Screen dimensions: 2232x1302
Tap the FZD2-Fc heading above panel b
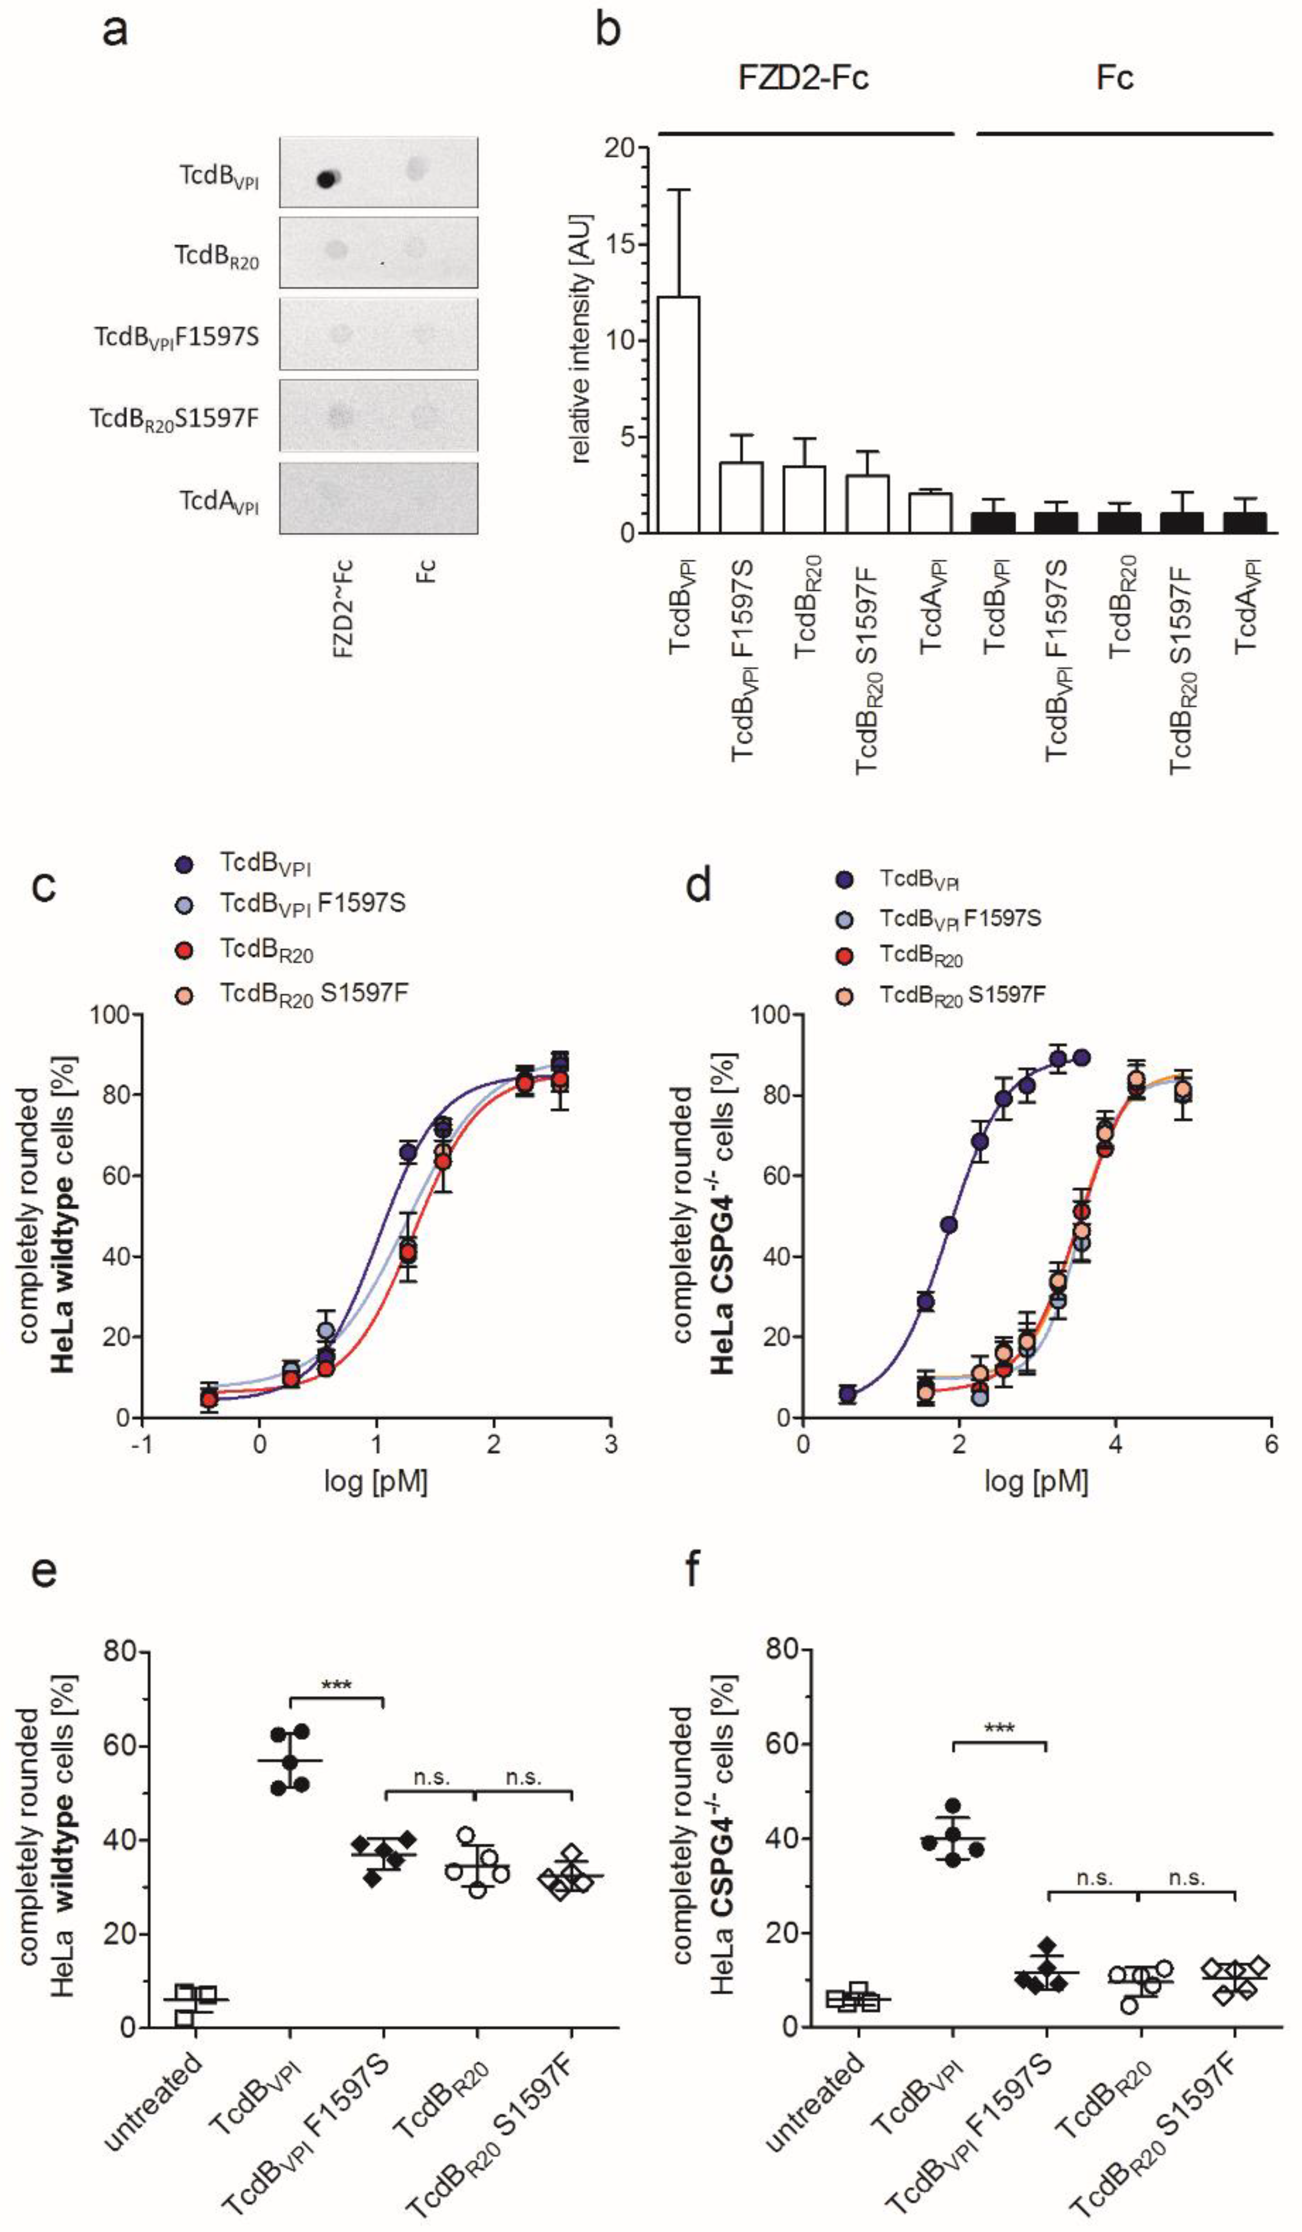tap(804, 78)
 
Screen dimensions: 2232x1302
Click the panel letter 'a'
tap(115, 31)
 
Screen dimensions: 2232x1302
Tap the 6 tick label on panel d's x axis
tap(1271, 1444)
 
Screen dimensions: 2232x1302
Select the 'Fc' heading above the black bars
tap(1114, 78)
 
